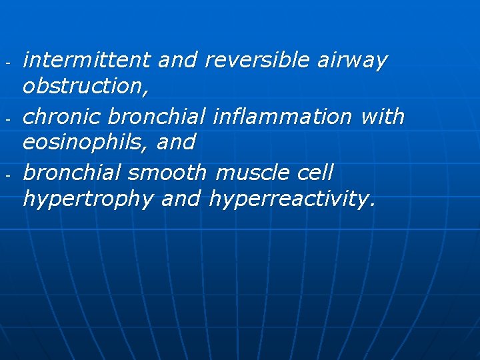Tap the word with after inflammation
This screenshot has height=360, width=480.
click(382, 117)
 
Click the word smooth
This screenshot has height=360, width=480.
click(167, 173)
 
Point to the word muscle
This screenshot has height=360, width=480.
click(249, 173)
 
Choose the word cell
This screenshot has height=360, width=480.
click(311, 173)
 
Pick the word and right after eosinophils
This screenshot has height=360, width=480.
click(177, 142)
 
